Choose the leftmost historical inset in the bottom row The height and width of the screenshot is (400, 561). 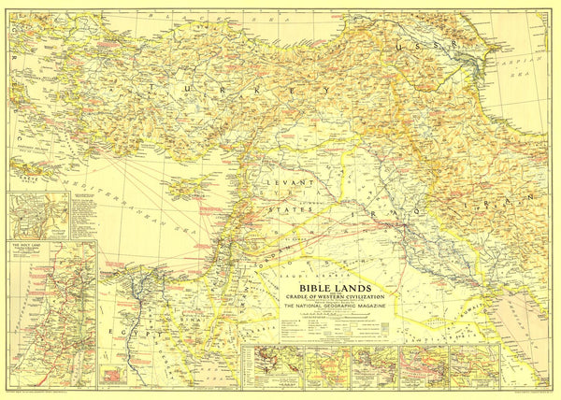point(266,366)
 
